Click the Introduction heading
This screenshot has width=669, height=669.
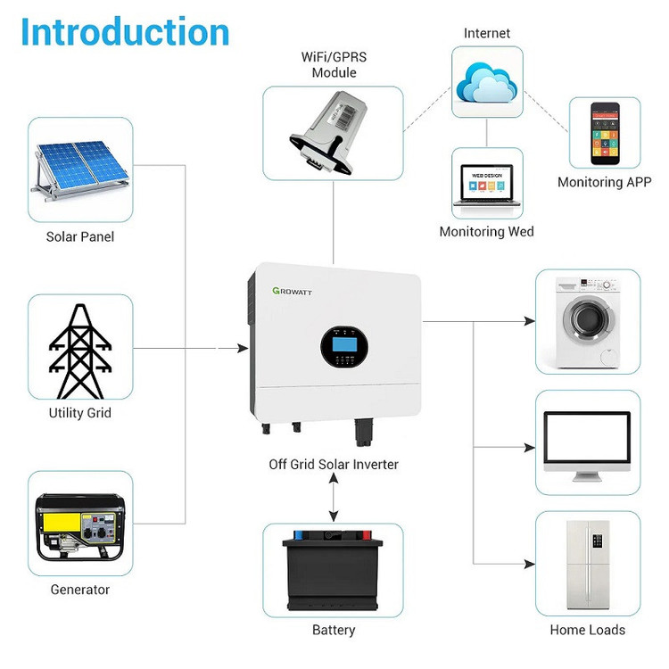(x=125, y=32)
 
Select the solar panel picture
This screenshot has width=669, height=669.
(x=79, y=169)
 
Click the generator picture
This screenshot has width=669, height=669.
(x=79, y=527)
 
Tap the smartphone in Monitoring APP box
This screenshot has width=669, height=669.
(x=605, y=133)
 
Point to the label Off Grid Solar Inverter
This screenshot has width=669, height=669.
(x=334, y=465)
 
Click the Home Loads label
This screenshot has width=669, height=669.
(x=588, y=630)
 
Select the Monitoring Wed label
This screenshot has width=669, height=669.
(x=486, y=232)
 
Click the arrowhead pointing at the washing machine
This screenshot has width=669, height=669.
(x=531, y=321)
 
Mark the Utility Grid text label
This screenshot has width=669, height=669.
(x=79, y=413)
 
